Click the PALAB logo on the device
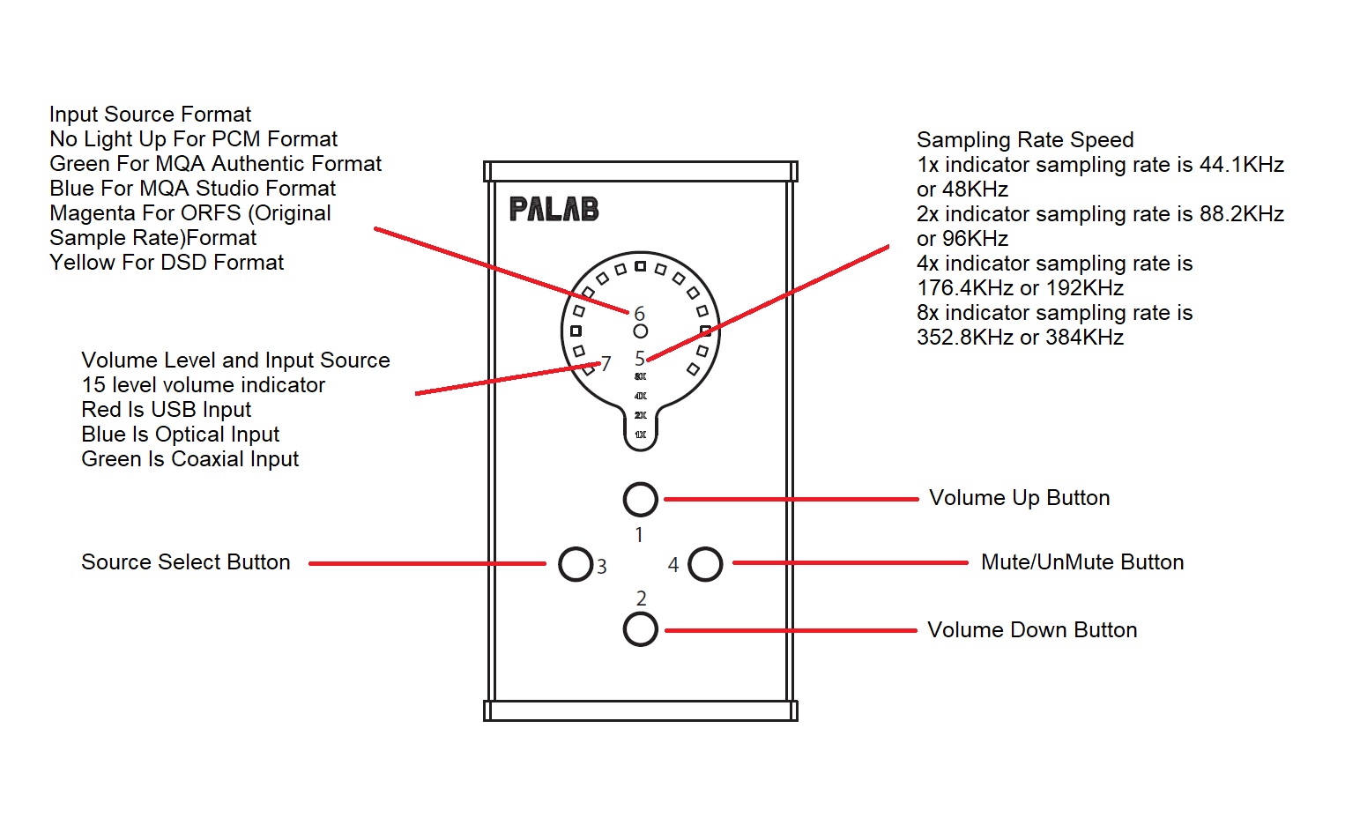pyautogui.click(x=554, y=209)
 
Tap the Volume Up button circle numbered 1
pyautogui.click(x=640, y=499)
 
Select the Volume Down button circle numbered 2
pyautogui.click(x=640, y=629)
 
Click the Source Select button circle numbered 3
pyautogui.click(x=576, y=564)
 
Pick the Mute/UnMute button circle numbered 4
pyautogui.click(x=705, y=564)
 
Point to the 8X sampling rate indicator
pyautogui.click(x=641, y=376)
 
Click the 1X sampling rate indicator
pyautogui.click(x=641, y=435)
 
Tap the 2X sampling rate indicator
pyautogui.click(x=641, y=415)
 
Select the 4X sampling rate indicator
pyautogui.click(x=641, y=396)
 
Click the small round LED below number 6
pyautogui.click(x=641, y=331)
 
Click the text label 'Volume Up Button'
pyautogui.click(x=1019, y=498)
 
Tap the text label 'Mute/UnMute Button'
pyautogui.click(x=1082, y=562)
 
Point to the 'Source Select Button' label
pyautogui.click(x=185, y=562)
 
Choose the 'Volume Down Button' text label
pyautogui.click(x=1032, y=630)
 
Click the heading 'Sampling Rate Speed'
pyautogui.click(x=1025, y=140)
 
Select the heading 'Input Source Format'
pyautogui.click(x=150, y=115)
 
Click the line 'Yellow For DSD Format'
pyautogui.click(x=167, y=263)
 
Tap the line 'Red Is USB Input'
pyautogui.click(x=166, y=410)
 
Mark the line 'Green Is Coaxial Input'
pyautogui.click(x=189, y=459)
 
